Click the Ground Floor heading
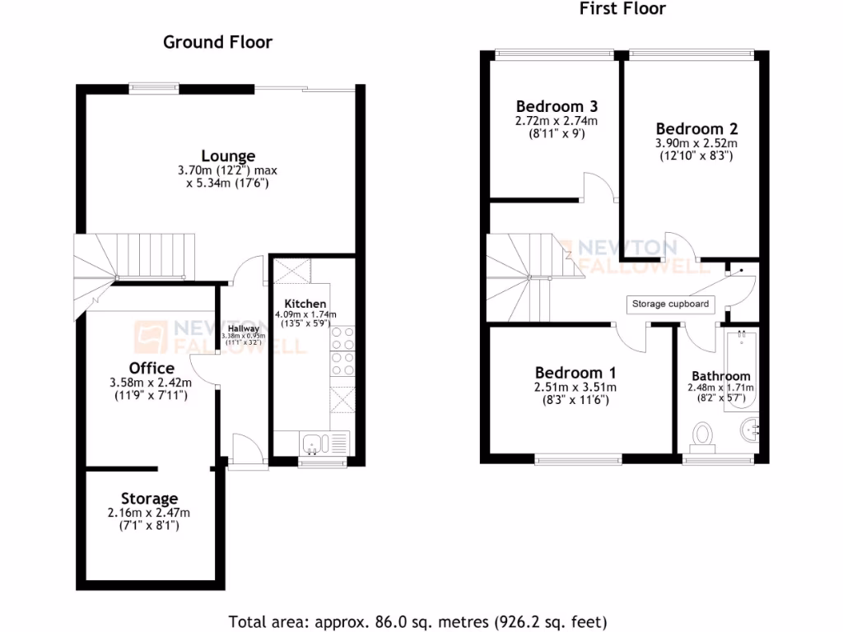217,42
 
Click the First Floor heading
622,9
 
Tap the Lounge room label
228,156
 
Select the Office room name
151,367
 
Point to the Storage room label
149,498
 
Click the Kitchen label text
305,304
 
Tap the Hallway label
244,328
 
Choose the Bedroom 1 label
575,372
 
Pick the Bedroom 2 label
696,128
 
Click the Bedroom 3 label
557,106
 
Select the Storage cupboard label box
669,304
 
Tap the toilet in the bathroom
702,436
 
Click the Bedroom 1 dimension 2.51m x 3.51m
575,388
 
